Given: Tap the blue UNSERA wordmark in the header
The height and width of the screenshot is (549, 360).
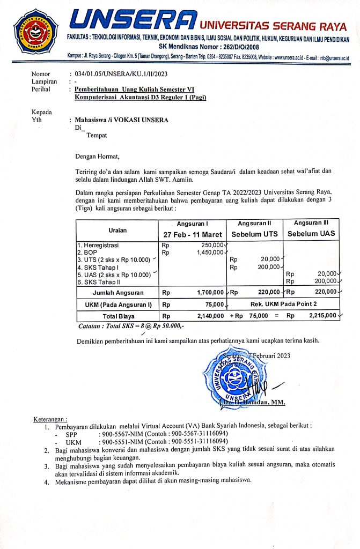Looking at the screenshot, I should tap(133, 20).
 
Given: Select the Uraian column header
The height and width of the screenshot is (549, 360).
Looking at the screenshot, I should tap(117, 230).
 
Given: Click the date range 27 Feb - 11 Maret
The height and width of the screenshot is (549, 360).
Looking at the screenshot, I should tap(193, 235).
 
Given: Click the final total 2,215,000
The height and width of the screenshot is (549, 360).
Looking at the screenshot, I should tap(322, 316).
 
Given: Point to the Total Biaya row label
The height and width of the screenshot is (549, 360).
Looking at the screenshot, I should tap(117, 316).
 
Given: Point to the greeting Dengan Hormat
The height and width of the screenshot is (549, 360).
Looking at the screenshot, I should tap(98, 157).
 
